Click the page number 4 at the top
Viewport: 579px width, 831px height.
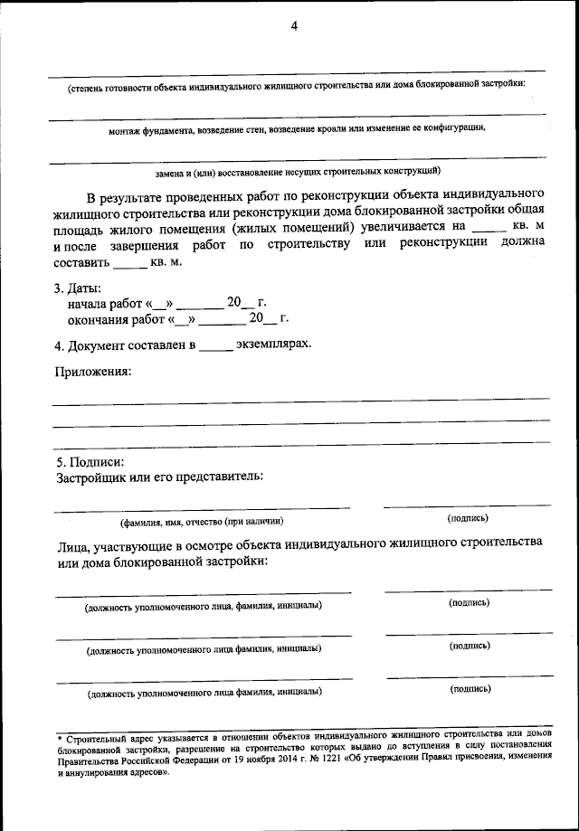[x=294, y=26]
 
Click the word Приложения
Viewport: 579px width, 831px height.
[x=92, y=372]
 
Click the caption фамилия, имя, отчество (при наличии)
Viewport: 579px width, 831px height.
[x=202, y=522]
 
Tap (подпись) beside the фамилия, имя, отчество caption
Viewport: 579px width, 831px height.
[x=468, y=518]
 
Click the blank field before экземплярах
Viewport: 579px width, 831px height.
[x=215, y=346]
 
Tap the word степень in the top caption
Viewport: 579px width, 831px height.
[x=88, y=88]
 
